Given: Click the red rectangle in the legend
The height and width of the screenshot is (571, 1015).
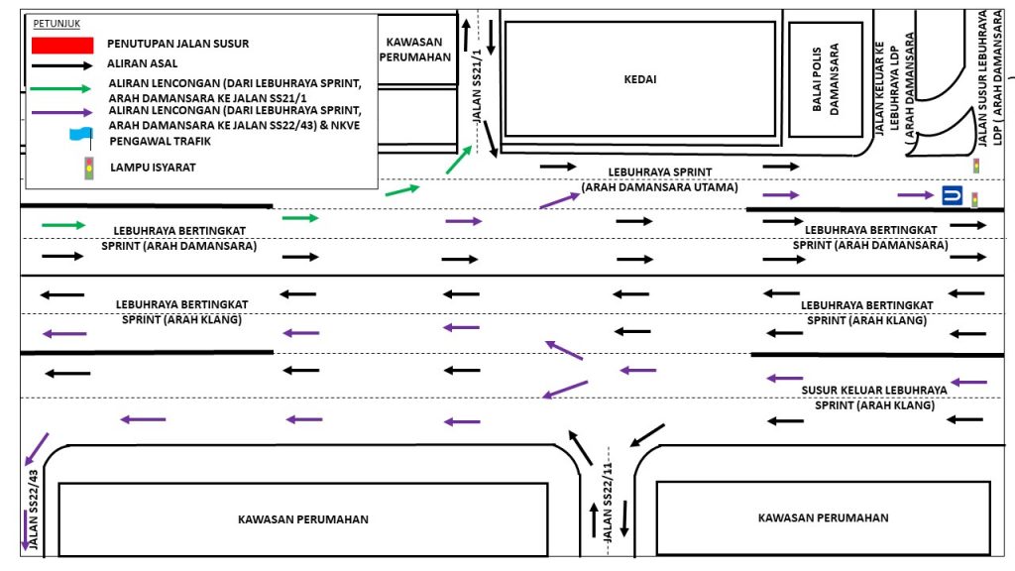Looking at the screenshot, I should (62, 44).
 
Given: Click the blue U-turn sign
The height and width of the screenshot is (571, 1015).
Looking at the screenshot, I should (952, 195).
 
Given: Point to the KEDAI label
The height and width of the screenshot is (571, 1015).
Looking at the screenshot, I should (639, 79).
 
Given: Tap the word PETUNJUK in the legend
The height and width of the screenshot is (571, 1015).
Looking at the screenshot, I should (56, 22).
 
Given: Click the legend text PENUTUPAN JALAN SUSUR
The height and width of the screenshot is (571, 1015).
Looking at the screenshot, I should (178, 44).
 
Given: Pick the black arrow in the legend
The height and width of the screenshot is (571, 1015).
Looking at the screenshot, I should (62, 64).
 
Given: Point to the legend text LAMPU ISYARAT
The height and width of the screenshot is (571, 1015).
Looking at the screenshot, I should (153, 167).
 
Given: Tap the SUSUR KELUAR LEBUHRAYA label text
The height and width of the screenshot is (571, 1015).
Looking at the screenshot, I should (874, 390).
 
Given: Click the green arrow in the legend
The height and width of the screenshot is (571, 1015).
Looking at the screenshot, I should (62, 87).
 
